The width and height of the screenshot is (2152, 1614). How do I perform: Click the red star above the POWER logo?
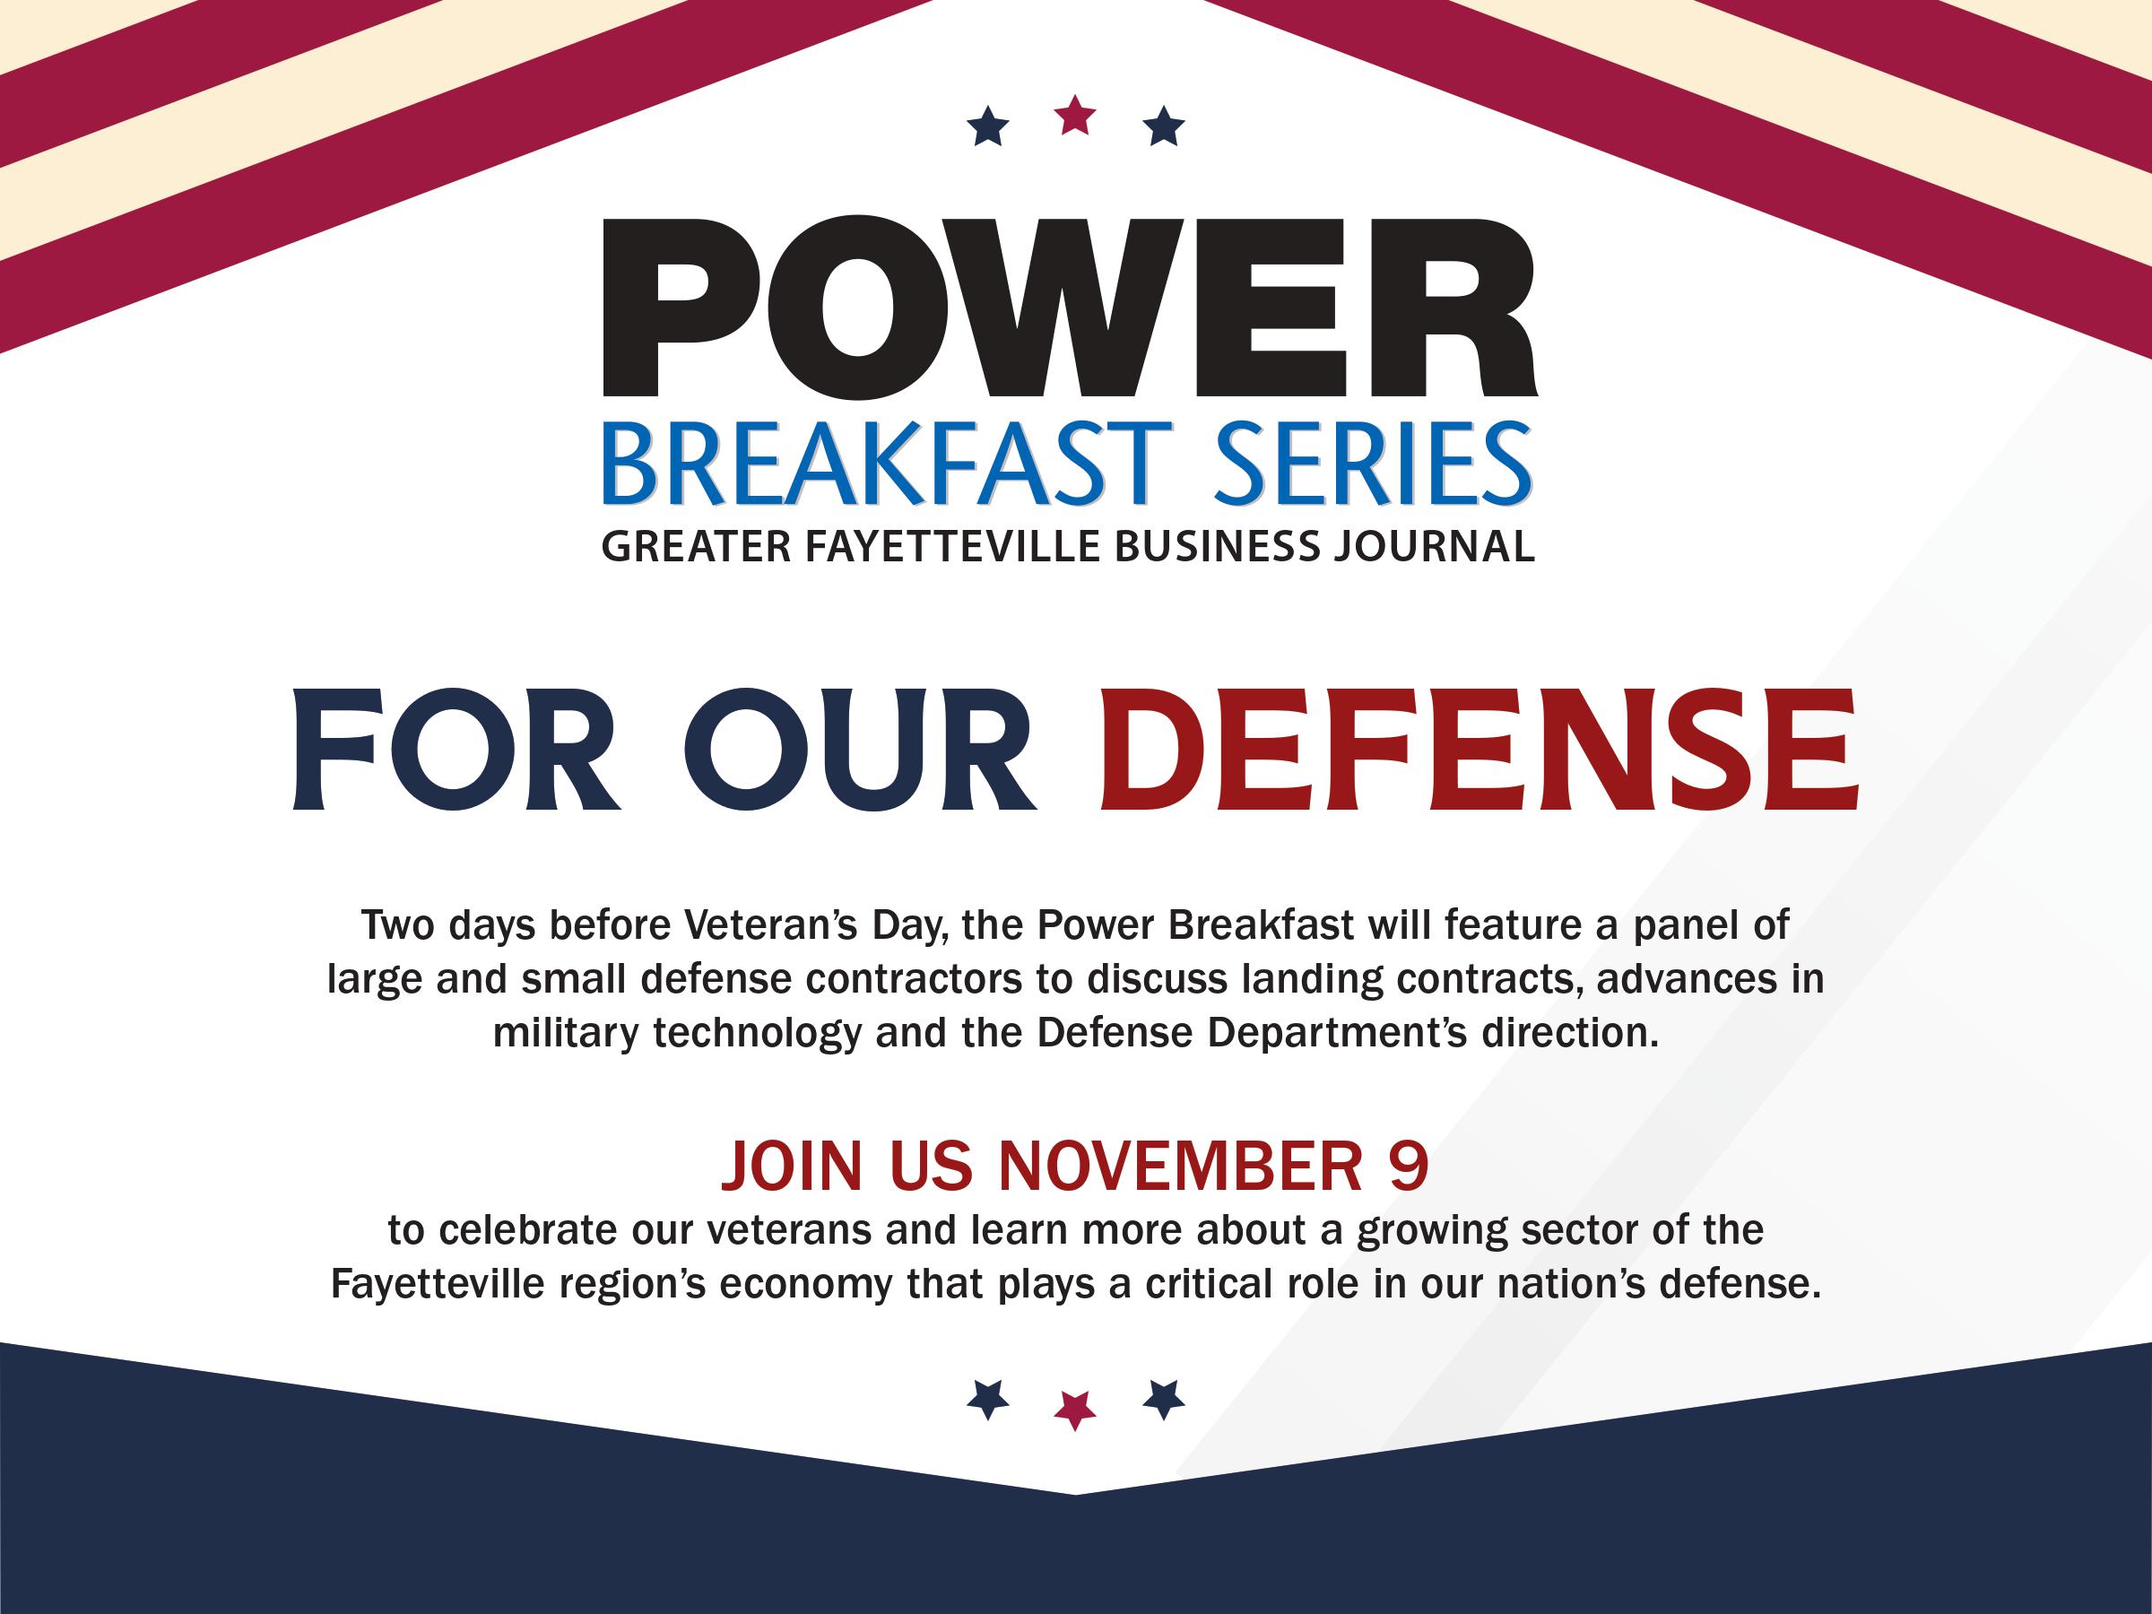(1076, 115)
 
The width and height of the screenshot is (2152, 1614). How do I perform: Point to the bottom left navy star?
(988, 1399)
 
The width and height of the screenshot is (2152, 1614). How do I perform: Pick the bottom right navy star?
(1164, 1399)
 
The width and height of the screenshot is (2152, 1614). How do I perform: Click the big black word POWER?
(1070, 307)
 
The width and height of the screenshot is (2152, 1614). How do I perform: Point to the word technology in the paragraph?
(757, 1033)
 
